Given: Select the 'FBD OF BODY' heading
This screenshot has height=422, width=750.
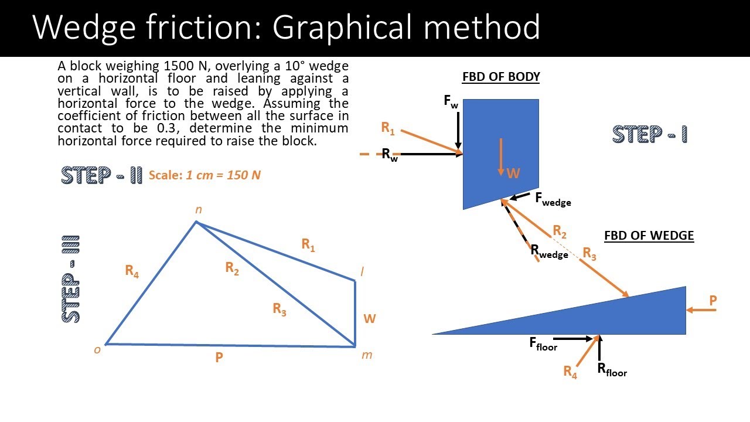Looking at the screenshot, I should [x=501, y=77].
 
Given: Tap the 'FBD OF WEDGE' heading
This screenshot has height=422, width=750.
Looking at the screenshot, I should [x=649, y=236].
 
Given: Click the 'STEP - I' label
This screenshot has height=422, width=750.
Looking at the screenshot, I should [x=650, y=134].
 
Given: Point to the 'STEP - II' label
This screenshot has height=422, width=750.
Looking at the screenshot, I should [x=101, y=175].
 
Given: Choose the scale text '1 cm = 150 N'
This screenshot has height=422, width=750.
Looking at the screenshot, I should [x=223, y=175].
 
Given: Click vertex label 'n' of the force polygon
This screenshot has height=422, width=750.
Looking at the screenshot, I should [x=199, y=210].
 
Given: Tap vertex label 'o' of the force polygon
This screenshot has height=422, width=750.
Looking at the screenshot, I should [x=97, y=350].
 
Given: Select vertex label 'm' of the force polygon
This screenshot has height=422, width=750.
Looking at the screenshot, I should [x=367, y=355].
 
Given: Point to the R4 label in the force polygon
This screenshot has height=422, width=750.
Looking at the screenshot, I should [x=132, y=271].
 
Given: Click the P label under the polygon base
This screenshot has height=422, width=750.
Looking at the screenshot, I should [x=219, y=358].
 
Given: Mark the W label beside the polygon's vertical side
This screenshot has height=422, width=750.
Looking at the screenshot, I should [x=369, y=319].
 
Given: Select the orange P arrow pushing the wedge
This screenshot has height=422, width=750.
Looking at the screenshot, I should [x=701, y=310].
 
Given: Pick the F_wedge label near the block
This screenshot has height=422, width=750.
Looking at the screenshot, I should [x=553, y=199].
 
